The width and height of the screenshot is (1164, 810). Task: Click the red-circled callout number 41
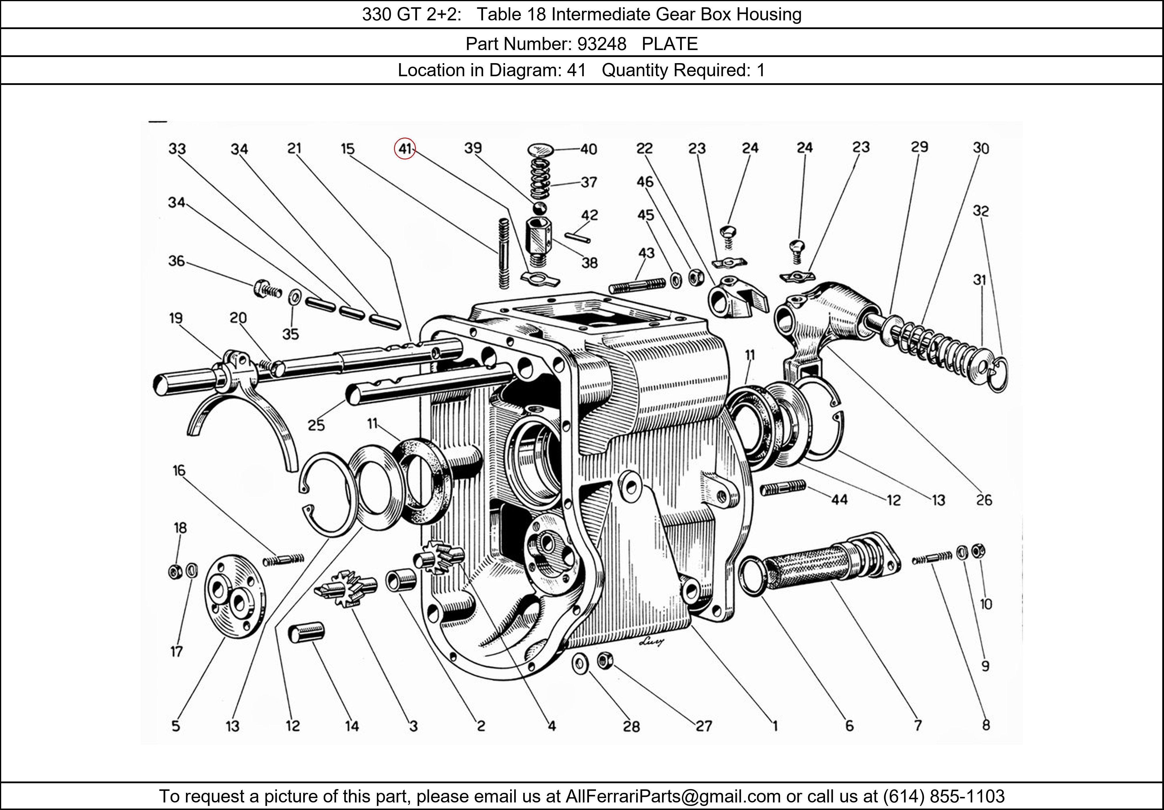pos(404,148)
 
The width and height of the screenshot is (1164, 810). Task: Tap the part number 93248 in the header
pos(602,44)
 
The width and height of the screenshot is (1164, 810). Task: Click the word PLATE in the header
pos(669,44)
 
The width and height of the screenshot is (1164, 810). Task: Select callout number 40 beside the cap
pos(589,149)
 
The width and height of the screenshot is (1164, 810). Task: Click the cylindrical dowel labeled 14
pos(306,633)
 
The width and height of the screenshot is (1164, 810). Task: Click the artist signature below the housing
pos(652,642)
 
